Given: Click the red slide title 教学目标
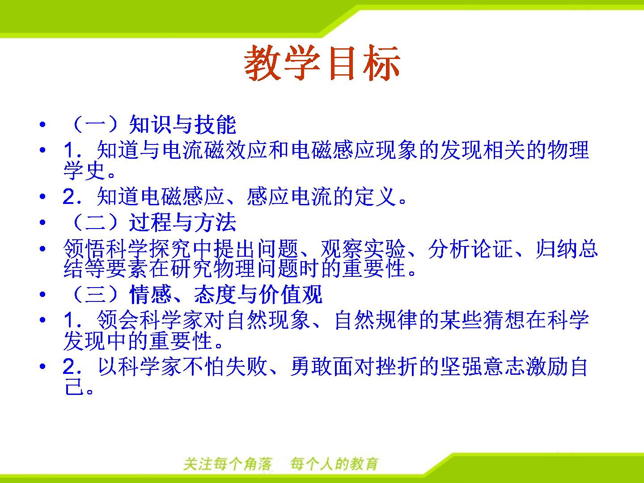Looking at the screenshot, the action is pos(322,63).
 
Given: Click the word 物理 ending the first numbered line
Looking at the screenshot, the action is pos(568,150).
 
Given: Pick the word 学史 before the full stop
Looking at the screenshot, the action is pos(85,171).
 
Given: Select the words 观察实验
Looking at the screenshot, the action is pos(363,249).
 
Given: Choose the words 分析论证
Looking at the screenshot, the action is pos(470,249).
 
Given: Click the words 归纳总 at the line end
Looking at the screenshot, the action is pos(567,249).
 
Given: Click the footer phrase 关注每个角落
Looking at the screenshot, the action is pos(228,464).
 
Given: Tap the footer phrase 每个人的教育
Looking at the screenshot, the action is pos(334,464).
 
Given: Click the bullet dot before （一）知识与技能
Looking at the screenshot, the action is pos(42,125).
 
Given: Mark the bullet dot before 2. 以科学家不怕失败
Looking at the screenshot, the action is pos(42,366).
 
